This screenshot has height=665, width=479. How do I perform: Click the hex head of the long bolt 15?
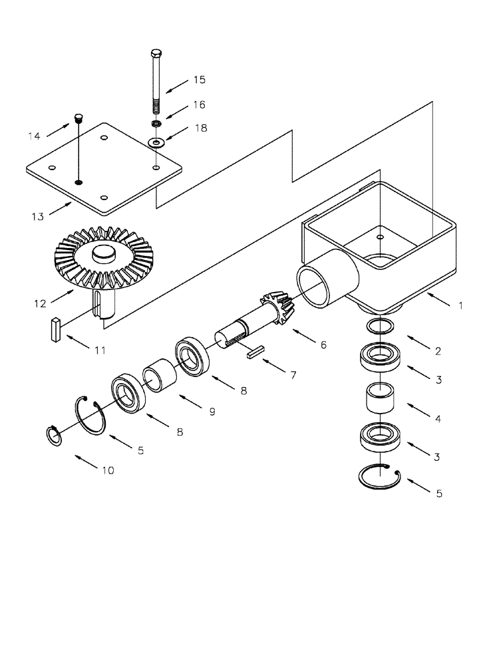(156, 53)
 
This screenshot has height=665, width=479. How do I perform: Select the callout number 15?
(199, 80)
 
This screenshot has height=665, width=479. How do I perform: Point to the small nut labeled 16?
(156, 124)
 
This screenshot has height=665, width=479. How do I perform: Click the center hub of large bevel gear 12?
(103, 253)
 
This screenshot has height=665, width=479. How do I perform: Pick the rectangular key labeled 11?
(56, 330)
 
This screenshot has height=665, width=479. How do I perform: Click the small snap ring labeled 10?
(53, 437)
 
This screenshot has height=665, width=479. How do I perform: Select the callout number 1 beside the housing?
(460, 306)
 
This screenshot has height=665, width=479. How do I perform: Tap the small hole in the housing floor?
(379, 237)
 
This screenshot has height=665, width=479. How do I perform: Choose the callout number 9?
(212, 412)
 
